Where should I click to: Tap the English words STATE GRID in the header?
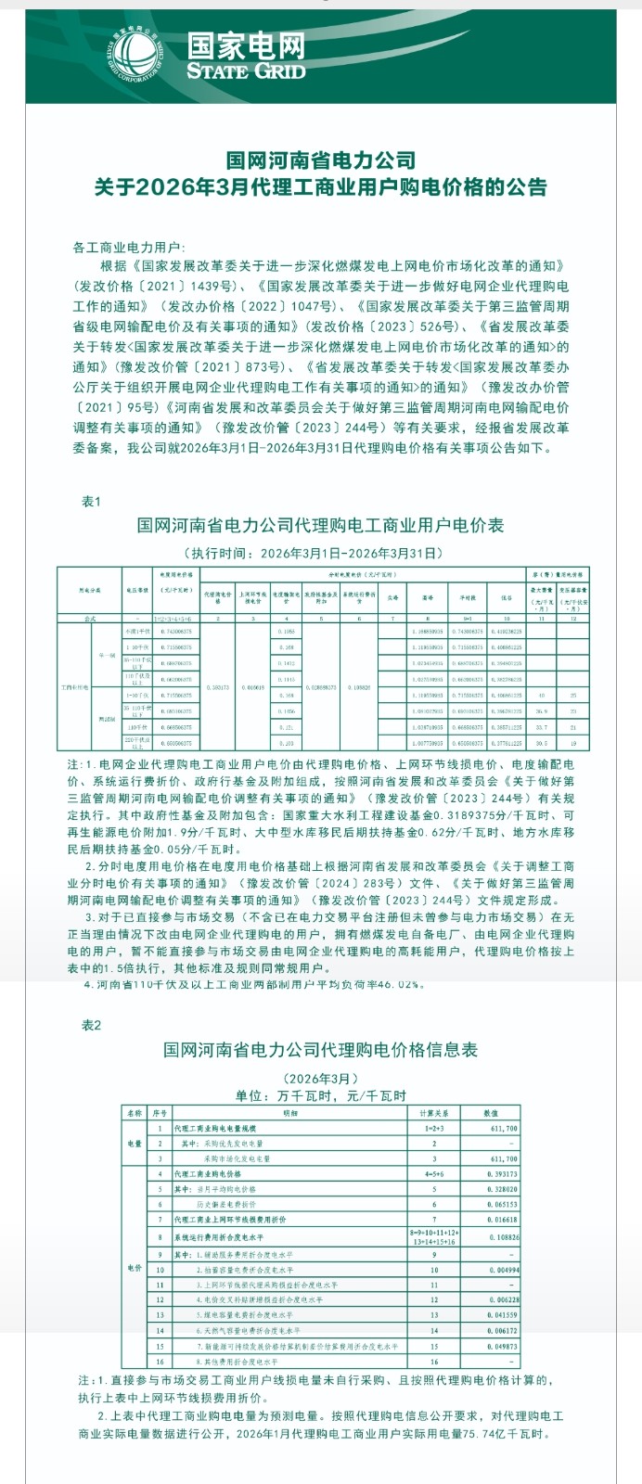coord(246,70)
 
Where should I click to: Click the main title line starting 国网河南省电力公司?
coord(321,160)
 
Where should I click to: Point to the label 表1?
coord(91,501)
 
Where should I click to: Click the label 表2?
coord(91,1025)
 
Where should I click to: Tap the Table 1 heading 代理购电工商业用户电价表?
coord(320,526)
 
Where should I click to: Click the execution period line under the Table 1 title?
coord(320,553)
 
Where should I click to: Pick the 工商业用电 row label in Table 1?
coord(73,688)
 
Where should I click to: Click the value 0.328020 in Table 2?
coord(502,1189)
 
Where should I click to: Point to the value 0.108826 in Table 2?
coord(502,1237)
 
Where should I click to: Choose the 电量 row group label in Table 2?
coord(135,1144)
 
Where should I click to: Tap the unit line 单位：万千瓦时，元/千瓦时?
coord(320,1095)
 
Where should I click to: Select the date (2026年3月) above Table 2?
coord(320,1078)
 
